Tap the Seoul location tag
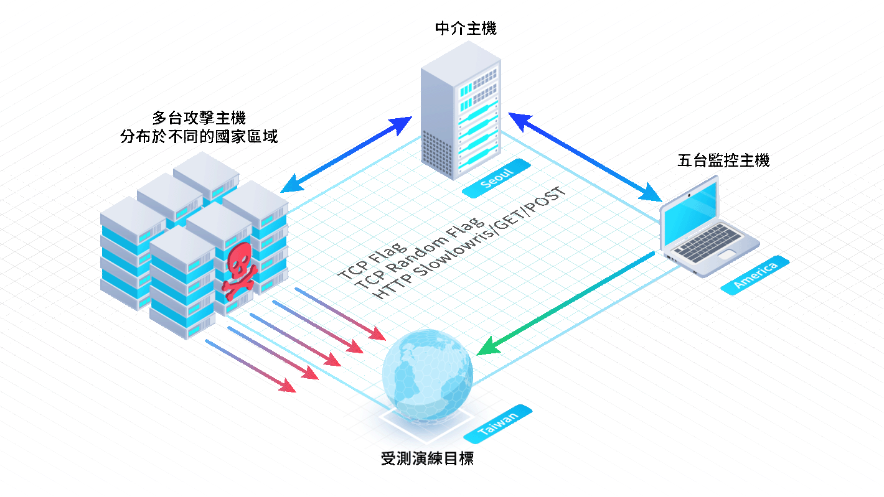pos(496,179)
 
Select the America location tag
pos(755,276)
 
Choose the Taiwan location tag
pos(497,424)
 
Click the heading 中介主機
pos(466,29)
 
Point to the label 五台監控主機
pos(723,160)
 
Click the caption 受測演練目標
pos(427,458)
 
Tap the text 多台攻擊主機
pos(199,118)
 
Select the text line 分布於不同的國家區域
pos(199,136)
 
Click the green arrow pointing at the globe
pos(565,304)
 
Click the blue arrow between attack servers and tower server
pos(346,155)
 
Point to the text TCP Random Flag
pos(420,253)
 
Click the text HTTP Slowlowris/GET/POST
pos(469,243)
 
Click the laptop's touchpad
pos(726,254)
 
